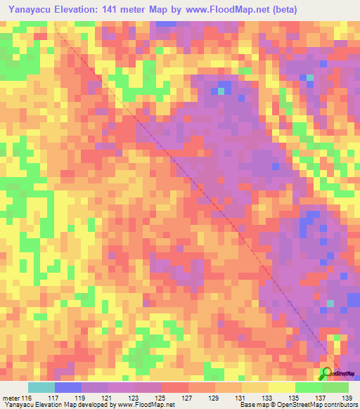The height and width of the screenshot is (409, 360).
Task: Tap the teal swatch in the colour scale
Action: pos(41,387)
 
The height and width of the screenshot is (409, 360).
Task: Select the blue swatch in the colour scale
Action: pos(68,387)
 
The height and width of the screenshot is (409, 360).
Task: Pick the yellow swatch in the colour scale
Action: pos(282,387)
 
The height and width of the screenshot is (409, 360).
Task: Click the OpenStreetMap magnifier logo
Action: pos(327,373)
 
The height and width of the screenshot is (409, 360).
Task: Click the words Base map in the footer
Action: pos(250,404)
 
